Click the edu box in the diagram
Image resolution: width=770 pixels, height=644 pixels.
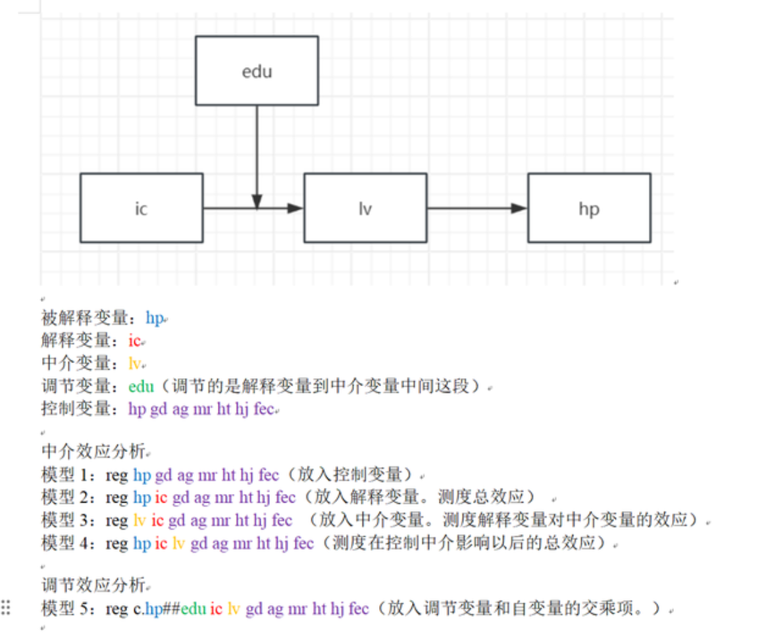257,70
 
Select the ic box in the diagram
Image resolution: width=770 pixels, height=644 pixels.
141,208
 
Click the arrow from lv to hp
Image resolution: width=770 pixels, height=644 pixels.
476,208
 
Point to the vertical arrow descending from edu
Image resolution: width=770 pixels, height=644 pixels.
257,151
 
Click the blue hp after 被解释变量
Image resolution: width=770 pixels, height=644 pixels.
155,318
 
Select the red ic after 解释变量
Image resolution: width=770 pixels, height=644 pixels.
134,341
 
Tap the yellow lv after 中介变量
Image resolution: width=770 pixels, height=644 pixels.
135,363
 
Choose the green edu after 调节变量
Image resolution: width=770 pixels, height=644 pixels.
141,386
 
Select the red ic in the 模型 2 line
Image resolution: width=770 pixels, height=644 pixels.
161,498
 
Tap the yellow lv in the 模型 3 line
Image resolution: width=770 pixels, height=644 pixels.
139,520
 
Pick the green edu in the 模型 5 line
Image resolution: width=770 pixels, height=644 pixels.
193,608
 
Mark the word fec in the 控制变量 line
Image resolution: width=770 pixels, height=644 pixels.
263,409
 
